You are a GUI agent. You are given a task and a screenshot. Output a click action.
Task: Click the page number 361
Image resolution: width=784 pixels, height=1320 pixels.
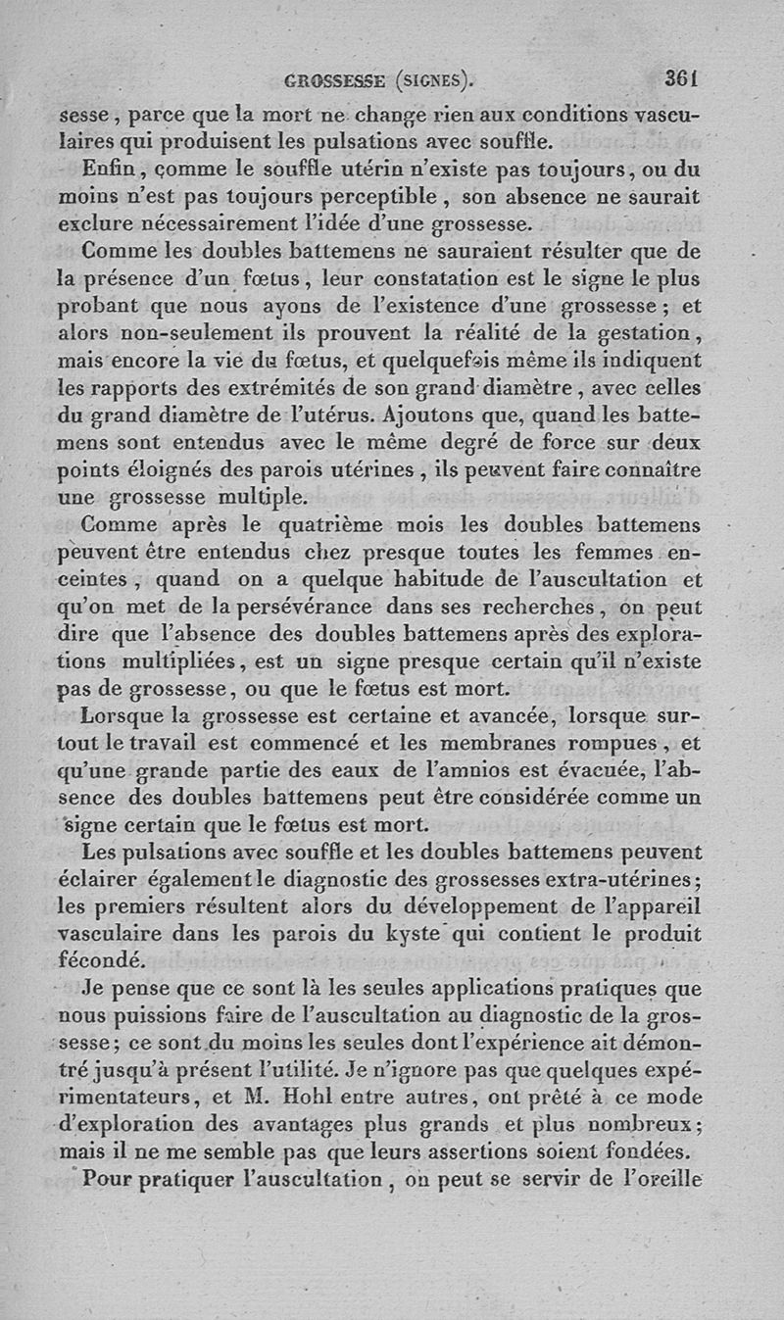pos(679,77)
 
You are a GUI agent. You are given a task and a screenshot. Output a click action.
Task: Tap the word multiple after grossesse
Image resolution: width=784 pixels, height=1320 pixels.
pos(262,496)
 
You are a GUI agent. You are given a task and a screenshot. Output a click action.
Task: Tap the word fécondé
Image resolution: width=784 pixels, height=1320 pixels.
pos(102,958)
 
